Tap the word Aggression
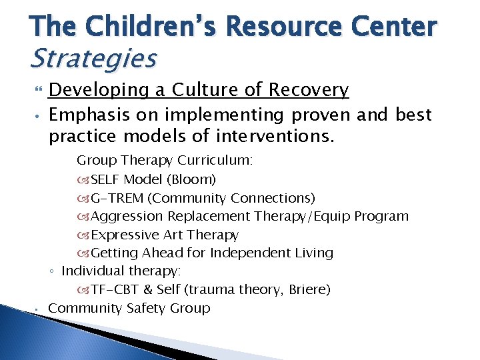tap(127, 217)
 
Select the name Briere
tap(307, 290)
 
